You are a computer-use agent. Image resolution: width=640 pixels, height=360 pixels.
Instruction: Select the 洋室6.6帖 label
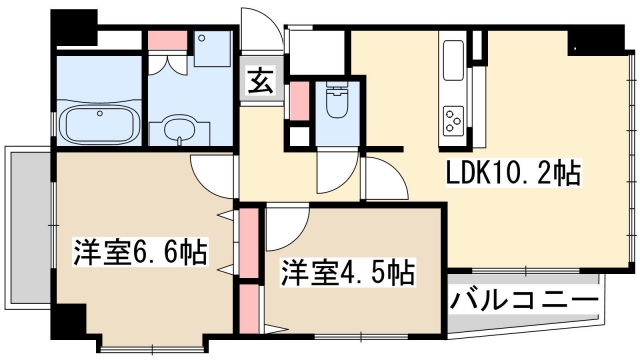click(x=139, y=252)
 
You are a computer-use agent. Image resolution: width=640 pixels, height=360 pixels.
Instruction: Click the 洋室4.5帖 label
click(x=347, y=270)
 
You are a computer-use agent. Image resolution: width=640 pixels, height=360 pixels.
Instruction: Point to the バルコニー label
click(x=524, y=298)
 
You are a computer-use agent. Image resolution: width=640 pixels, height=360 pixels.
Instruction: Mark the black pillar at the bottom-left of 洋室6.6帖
click(x=69, y=322)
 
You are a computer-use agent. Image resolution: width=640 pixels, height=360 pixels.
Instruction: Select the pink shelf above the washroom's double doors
click(x=161, y=41)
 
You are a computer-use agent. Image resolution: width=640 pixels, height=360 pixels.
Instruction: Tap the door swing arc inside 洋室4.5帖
click(x=284, y=230)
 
